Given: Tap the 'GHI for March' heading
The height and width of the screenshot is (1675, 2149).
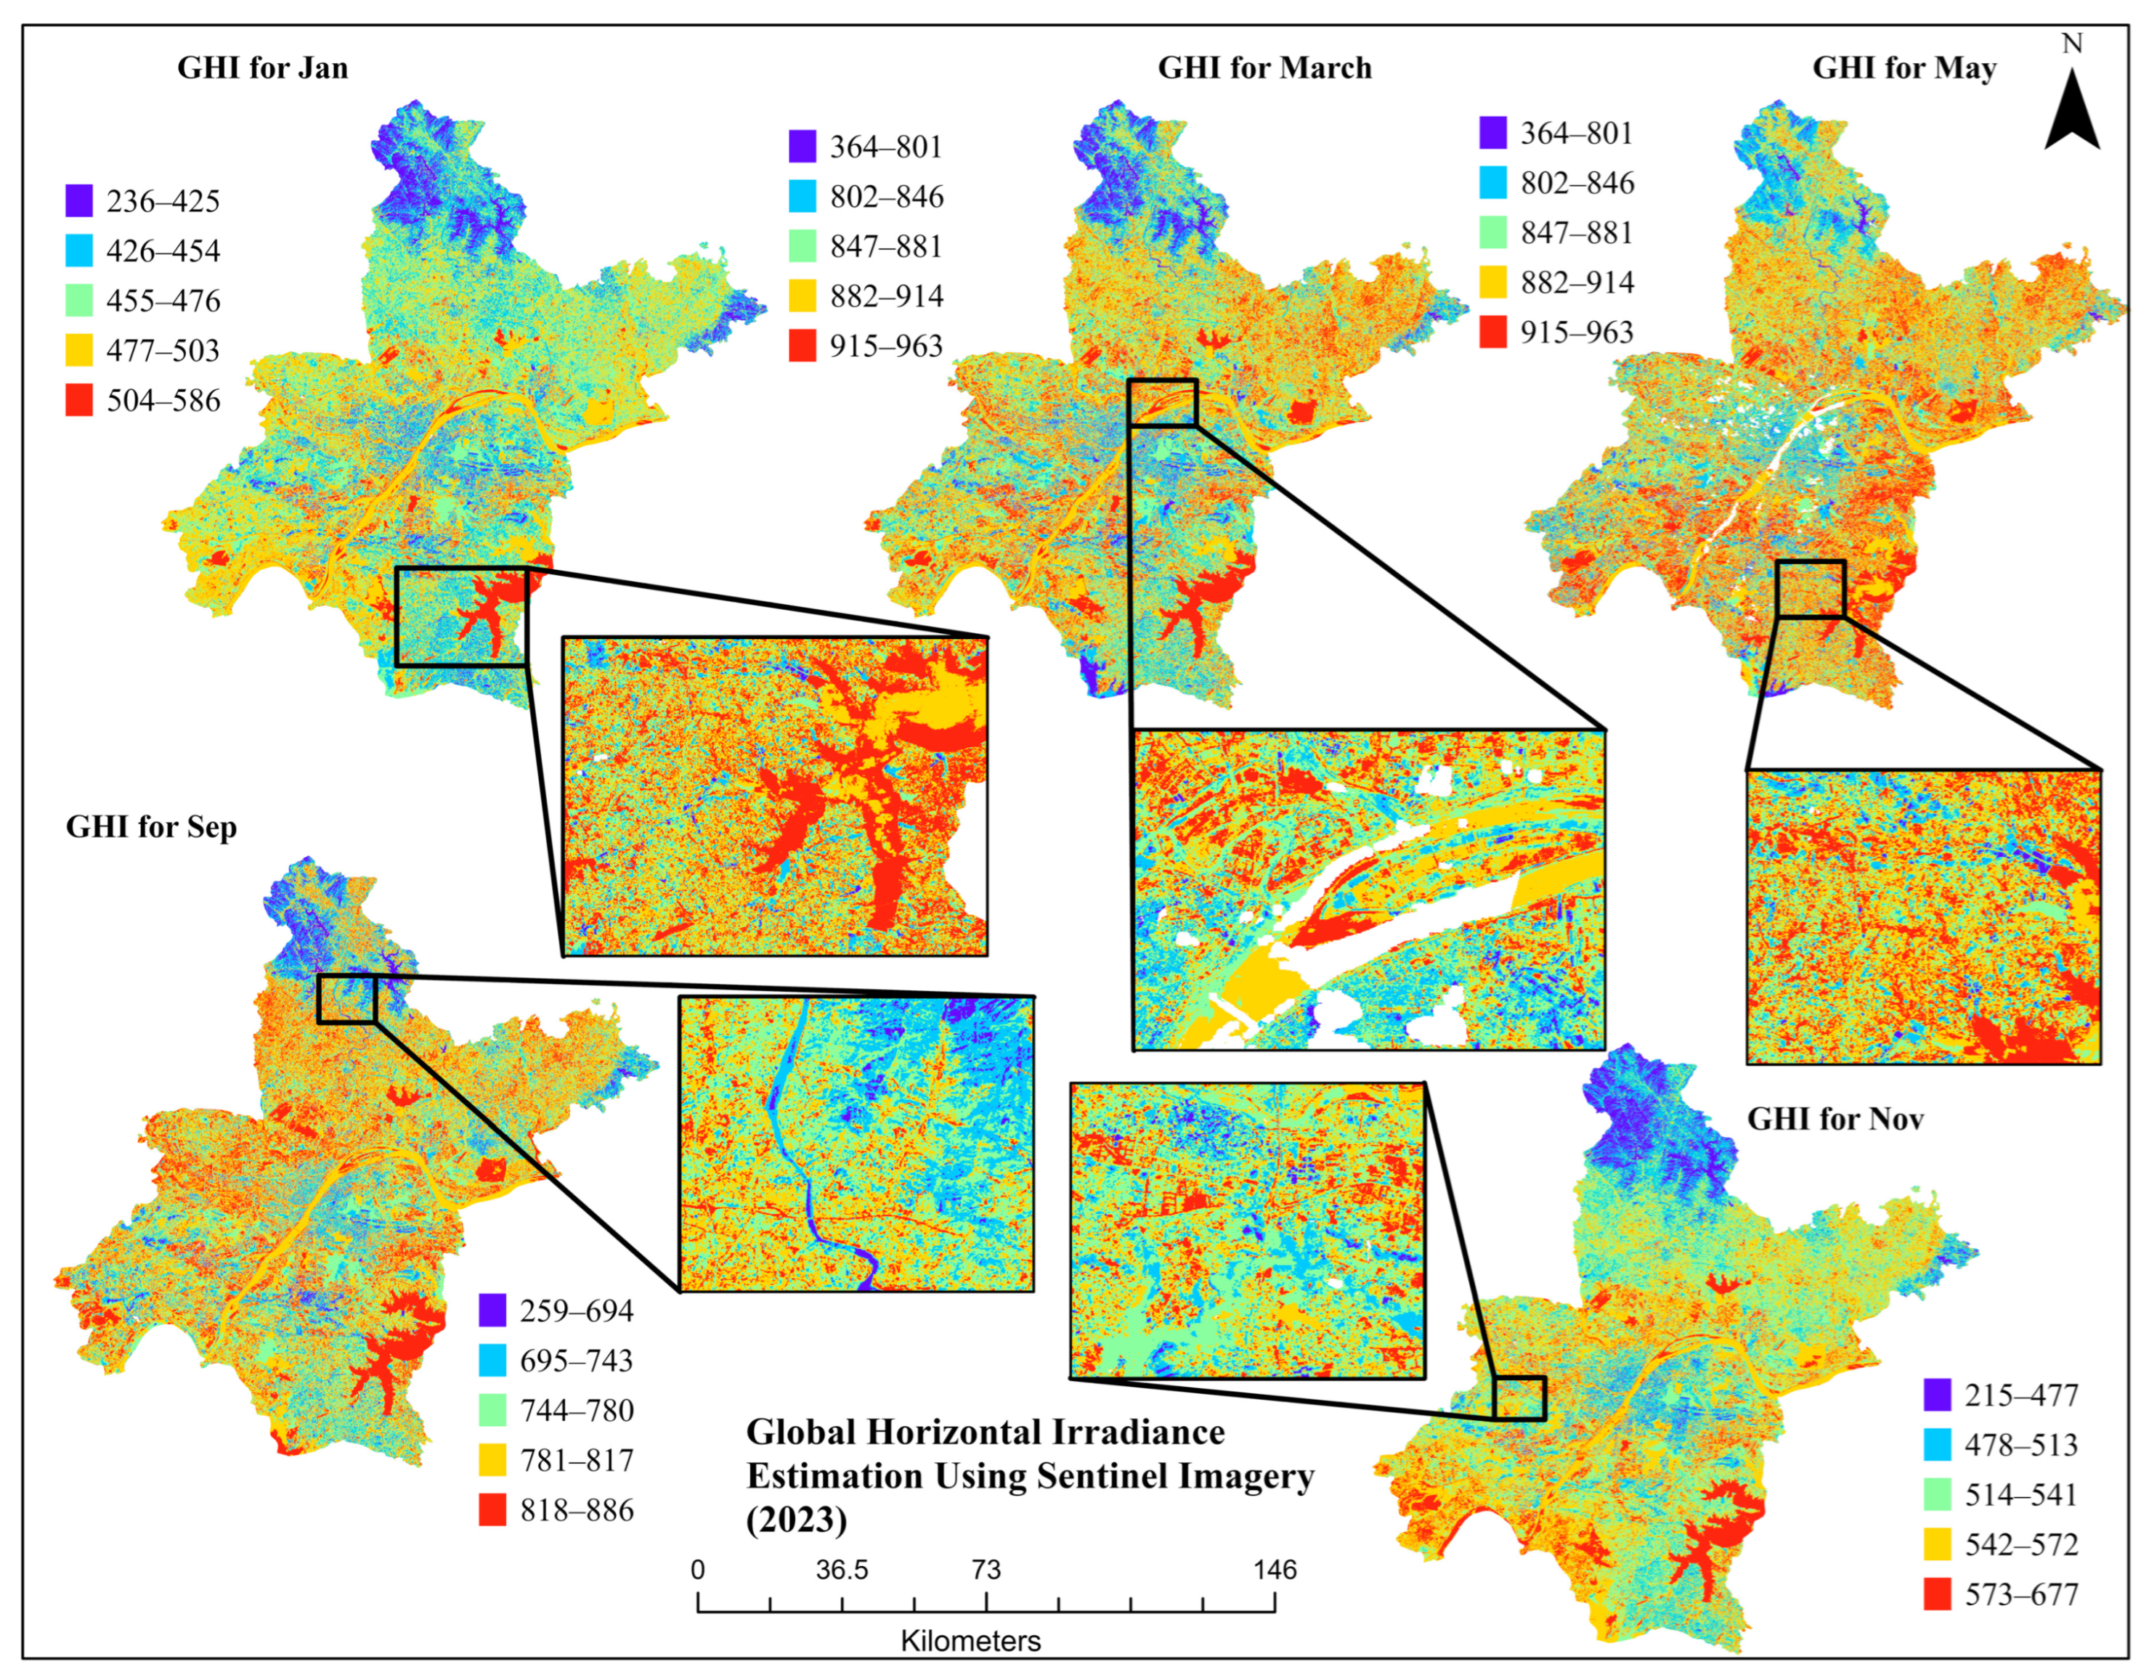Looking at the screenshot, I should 1264,68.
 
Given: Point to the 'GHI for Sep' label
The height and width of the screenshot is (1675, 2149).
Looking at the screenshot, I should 152,827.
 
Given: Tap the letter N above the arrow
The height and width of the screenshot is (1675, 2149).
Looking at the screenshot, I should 2072,44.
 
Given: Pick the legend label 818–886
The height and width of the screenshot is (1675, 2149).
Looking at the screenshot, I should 577,1509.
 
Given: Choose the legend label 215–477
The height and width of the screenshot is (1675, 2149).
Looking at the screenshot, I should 2021,1395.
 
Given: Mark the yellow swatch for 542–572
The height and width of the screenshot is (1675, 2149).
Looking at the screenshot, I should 1936,1544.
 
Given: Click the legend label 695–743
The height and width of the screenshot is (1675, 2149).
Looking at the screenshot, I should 577,1361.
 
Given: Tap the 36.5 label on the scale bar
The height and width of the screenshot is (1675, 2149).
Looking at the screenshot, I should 842,1570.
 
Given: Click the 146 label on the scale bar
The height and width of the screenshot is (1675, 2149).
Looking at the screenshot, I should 1275,1570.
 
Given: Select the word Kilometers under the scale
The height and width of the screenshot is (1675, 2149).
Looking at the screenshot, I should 970,1642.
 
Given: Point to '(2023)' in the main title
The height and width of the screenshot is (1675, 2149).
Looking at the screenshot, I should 796,1520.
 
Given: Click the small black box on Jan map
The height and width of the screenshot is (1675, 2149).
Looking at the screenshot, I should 460,616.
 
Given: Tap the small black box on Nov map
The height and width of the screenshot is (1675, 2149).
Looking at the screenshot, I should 1519,1398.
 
